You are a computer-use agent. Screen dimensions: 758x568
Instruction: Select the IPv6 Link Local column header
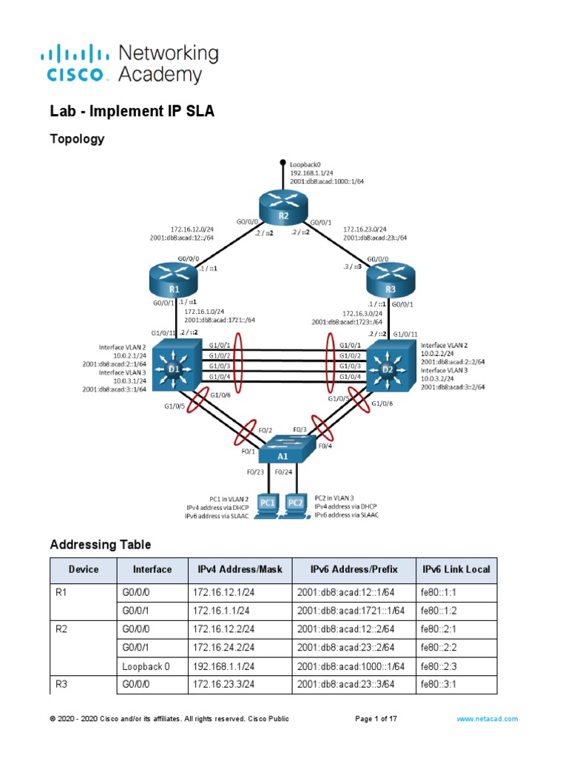click(x=456, y=569)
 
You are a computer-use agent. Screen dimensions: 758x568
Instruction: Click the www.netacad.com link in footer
click(x=487, y=719)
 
